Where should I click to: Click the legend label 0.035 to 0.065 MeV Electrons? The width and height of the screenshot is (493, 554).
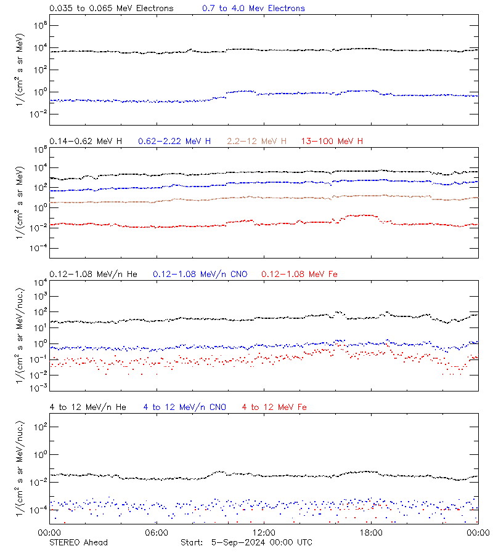pyautogui.click(x=111, y=9)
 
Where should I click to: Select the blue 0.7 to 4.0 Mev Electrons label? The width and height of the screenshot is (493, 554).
pyautogui.click(x=253, y=9)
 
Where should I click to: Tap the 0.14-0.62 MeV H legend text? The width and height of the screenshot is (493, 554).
pyautogui.click(x=86, y=142)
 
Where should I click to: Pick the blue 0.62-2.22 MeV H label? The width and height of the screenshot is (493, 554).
pyautogui.click(x=175, y=142)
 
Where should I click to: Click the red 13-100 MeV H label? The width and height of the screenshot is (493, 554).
pyautogui.click(x=332, y=142)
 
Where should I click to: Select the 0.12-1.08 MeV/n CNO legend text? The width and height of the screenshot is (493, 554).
pyautogui.click(x=200, y=274)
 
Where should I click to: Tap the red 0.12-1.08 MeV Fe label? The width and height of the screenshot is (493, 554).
pyautogui.click(x=299, y=274)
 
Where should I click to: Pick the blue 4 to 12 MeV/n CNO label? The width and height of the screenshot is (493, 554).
pyautogui.click(x=184, y=407)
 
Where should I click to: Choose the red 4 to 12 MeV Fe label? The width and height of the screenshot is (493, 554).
pyautogui.click(x=274, y=407)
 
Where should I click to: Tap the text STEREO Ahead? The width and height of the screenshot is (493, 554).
pyautogui.click(x=78, y=542)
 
